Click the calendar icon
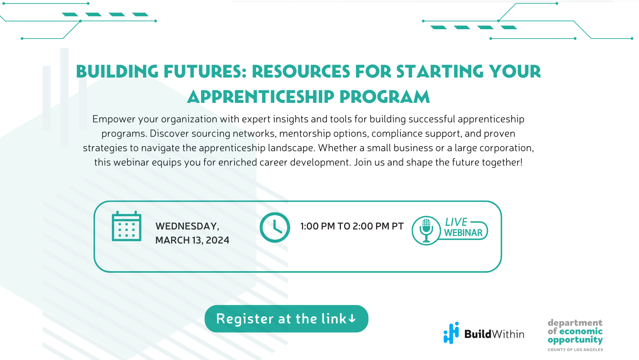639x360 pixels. click(126, 226)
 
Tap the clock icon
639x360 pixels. click(275, 228)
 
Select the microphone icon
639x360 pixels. click(426, 230)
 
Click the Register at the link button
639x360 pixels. click(286, 319)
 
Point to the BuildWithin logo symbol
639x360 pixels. click(451, 333)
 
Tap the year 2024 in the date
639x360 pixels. click(217, 240)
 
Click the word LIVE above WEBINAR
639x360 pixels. click(456, 222)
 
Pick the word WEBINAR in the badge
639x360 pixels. click(463, 233)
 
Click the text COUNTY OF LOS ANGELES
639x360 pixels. click(575, 350)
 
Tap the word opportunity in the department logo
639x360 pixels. click(575, 340)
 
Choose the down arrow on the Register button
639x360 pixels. click(352, 319)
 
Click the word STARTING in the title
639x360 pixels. click(440, 72)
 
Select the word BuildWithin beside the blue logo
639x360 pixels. click(494, 334)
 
